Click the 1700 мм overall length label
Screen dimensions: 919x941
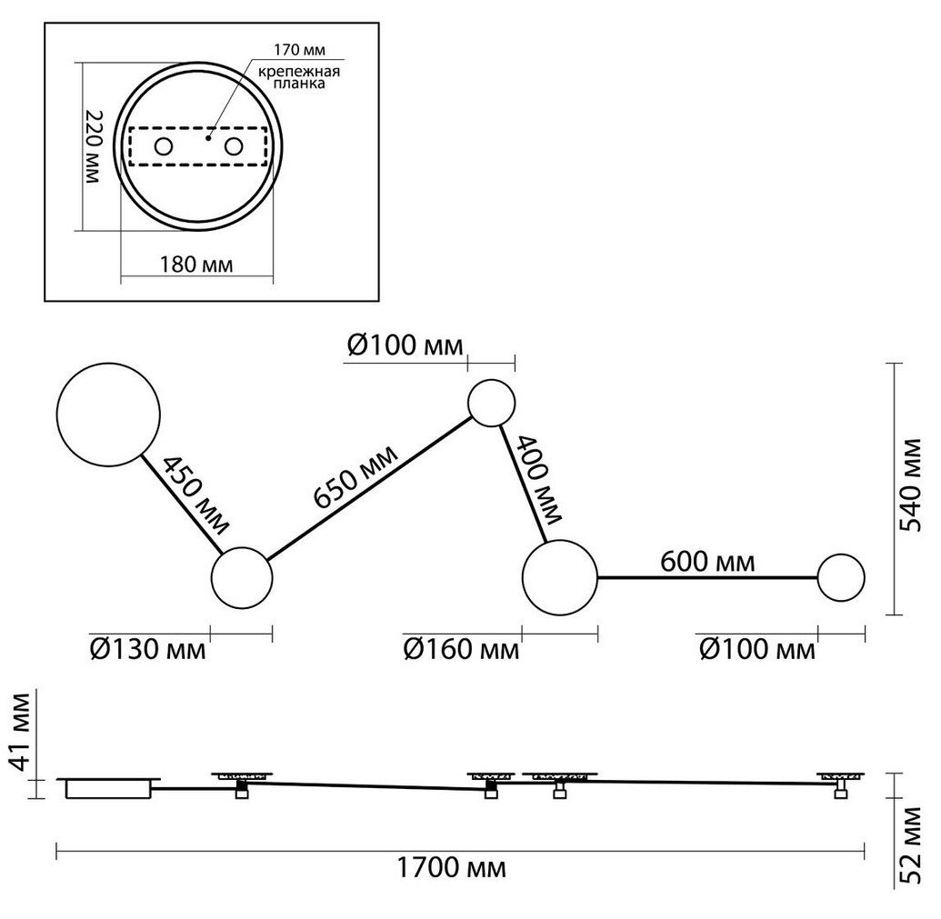(x=451, y=868)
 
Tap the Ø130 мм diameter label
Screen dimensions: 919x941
(x=148, y=650)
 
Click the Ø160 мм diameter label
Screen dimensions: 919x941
(x=461, y=650)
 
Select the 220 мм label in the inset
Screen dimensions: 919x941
(x=93, y=148)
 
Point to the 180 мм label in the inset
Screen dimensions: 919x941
(x=196, y=265)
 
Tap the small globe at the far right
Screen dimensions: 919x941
(x=841, y=578)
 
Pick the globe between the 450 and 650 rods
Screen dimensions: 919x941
(x=242, y=577)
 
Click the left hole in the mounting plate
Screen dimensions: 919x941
(x=164, y=146)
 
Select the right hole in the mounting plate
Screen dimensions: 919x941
(x=234, y=146)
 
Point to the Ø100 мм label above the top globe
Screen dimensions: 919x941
(x=405, y=345)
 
